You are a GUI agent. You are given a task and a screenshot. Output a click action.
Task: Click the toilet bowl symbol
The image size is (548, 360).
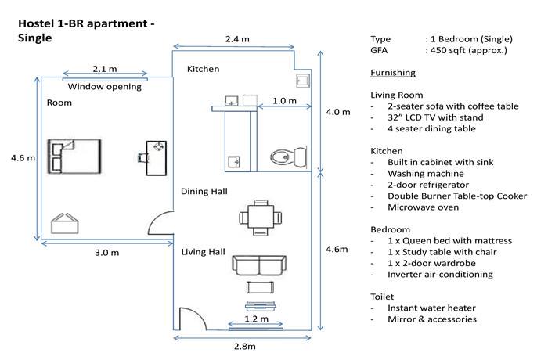[x=289, y=157]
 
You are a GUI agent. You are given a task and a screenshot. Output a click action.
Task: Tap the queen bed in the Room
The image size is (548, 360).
[x=74, y=157]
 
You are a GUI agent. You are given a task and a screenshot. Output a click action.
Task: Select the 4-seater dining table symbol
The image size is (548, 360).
[x=261, y=218]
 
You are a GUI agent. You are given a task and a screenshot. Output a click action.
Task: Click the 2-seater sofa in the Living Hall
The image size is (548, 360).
[x=259, y=266]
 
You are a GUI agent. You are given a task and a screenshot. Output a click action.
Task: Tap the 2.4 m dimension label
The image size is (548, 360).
[x=237, y=39]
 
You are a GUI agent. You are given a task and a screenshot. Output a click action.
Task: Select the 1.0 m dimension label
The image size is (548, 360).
[x=284, y=101]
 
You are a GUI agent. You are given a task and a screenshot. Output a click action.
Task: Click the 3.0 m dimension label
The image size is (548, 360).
[x=107, y=252]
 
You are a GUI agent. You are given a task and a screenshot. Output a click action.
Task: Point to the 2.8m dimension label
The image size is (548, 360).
[x=244, y=346]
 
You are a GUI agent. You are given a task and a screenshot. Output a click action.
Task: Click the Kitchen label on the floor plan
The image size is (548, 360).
[x=203, y=69]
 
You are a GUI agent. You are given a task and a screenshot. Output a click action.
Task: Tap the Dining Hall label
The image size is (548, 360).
[x=204, y=191]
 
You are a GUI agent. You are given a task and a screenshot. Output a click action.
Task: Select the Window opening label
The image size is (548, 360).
[x=104, y=87]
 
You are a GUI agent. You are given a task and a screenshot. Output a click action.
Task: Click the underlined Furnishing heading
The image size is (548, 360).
[x=393, y=73]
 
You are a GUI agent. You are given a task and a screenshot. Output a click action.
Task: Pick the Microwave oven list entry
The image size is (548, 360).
[x=423, y=207]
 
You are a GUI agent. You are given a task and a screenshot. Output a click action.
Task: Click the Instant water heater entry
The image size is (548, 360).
[x=431, y=308]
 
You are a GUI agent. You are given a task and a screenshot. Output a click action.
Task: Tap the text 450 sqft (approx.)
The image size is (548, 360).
[x=468, y=50]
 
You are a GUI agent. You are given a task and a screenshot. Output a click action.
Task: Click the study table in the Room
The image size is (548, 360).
[x=156, y=158]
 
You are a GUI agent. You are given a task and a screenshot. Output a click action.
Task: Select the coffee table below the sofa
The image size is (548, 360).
[x=260, y=287]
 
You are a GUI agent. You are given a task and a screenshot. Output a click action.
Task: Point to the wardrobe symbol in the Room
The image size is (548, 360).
[x=65, y=224]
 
